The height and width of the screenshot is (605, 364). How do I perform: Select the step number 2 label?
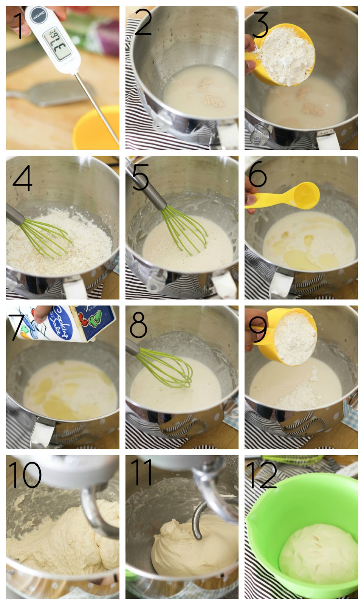pyautogui.click(x=143, y=23)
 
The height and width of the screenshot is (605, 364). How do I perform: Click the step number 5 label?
pyautogui.click(x=140, y=177)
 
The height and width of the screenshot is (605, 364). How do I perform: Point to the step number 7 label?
pyautogui.click(x=16, y=326)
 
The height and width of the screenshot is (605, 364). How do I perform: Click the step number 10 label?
pyautogui.click(x=25, y=475)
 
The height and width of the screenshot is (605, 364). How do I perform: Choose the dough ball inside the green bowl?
pyautogui.click(x=318, y=552)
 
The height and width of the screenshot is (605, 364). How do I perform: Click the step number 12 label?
pyautogui.click(x=262, y=475)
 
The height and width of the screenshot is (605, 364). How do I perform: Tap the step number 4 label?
pyautogui.click(x=22, y=178)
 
